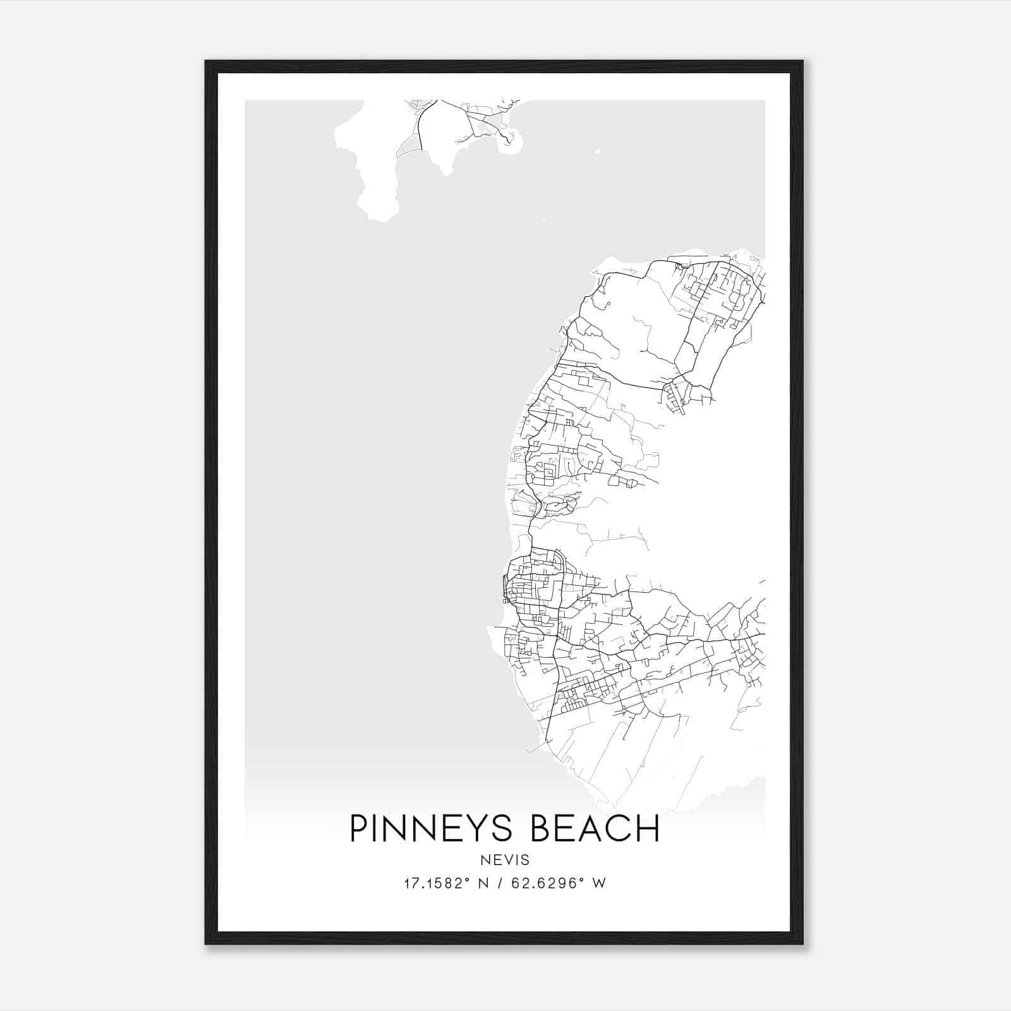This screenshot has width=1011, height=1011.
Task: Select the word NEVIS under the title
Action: tap(505, 860)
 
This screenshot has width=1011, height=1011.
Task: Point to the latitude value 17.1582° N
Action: tap(447, 883)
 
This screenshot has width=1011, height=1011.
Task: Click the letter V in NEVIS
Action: tap(505, 860)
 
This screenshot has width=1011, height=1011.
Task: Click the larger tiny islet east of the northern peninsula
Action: tap(597, 151)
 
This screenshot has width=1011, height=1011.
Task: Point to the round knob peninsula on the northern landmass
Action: tap(511, 143)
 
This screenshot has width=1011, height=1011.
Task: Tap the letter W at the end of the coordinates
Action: tap(600, 883)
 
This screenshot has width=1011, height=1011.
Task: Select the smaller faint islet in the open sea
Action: tap(542, 220)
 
